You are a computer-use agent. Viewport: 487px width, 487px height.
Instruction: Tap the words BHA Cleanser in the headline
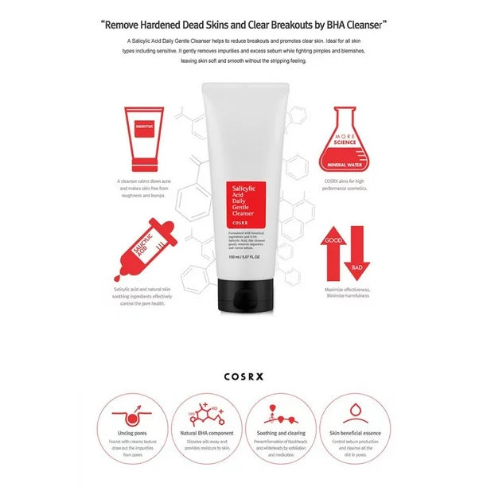[x=341, y=24]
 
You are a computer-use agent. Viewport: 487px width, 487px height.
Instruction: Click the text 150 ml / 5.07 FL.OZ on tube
[x=244, y=267]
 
